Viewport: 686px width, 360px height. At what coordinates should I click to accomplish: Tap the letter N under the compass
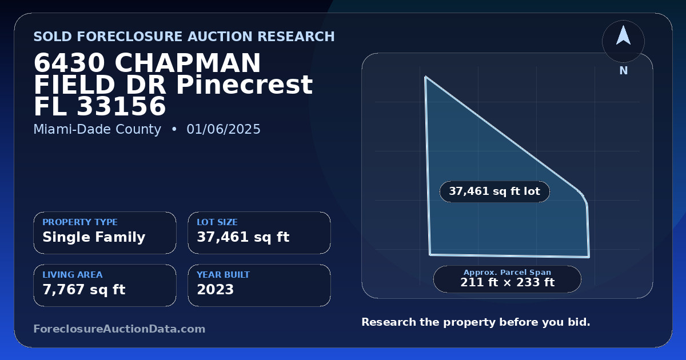pos(624,71)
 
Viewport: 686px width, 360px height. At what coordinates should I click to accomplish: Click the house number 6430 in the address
pos(70,63)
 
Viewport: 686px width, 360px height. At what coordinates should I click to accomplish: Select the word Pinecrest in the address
pos(245,85)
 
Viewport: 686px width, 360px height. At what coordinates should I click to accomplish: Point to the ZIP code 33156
pos(121,106)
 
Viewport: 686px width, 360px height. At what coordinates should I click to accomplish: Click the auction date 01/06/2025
pos(224,129)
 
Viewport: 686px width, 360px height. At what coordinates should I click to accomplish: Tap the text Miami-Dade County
pos(97,129)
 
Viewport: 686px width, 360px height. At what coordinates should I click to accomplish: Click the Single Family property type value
pos(94,237)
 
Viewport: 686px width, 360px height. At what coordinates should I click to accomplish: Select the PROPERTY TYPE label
pos(80,222)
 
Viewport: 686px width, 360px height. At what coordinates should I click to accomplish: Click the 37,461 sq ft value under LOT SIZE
pos(243,237)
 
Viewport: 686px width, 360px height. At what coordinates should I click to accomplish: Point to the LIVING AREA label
pos(73,275)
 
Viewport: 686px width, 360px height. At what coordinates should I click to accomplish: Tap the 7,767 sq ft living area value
pos(84,290)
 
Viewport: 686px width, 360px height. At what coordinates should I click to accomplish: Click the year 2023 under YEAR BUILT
pos(216,290)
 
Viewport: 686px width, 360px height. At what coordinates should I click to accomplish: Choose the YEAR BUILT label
pos(224,275)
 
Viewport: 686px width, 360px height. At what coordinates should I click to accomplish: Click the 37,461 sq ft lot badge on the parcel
pos(494,191)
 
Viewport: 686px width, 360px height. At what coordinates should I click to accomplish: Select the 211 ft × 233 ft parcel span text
pos(508,282)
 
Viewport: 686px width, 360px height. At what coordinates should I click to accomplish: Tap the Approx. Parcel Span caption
pos(508,272)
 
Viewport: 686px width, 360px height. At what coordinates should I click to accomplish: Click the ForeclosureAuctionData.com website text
pos(119,329)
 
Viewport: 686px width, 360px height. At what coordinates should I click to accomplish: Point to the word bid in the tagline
pos(580,322)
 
